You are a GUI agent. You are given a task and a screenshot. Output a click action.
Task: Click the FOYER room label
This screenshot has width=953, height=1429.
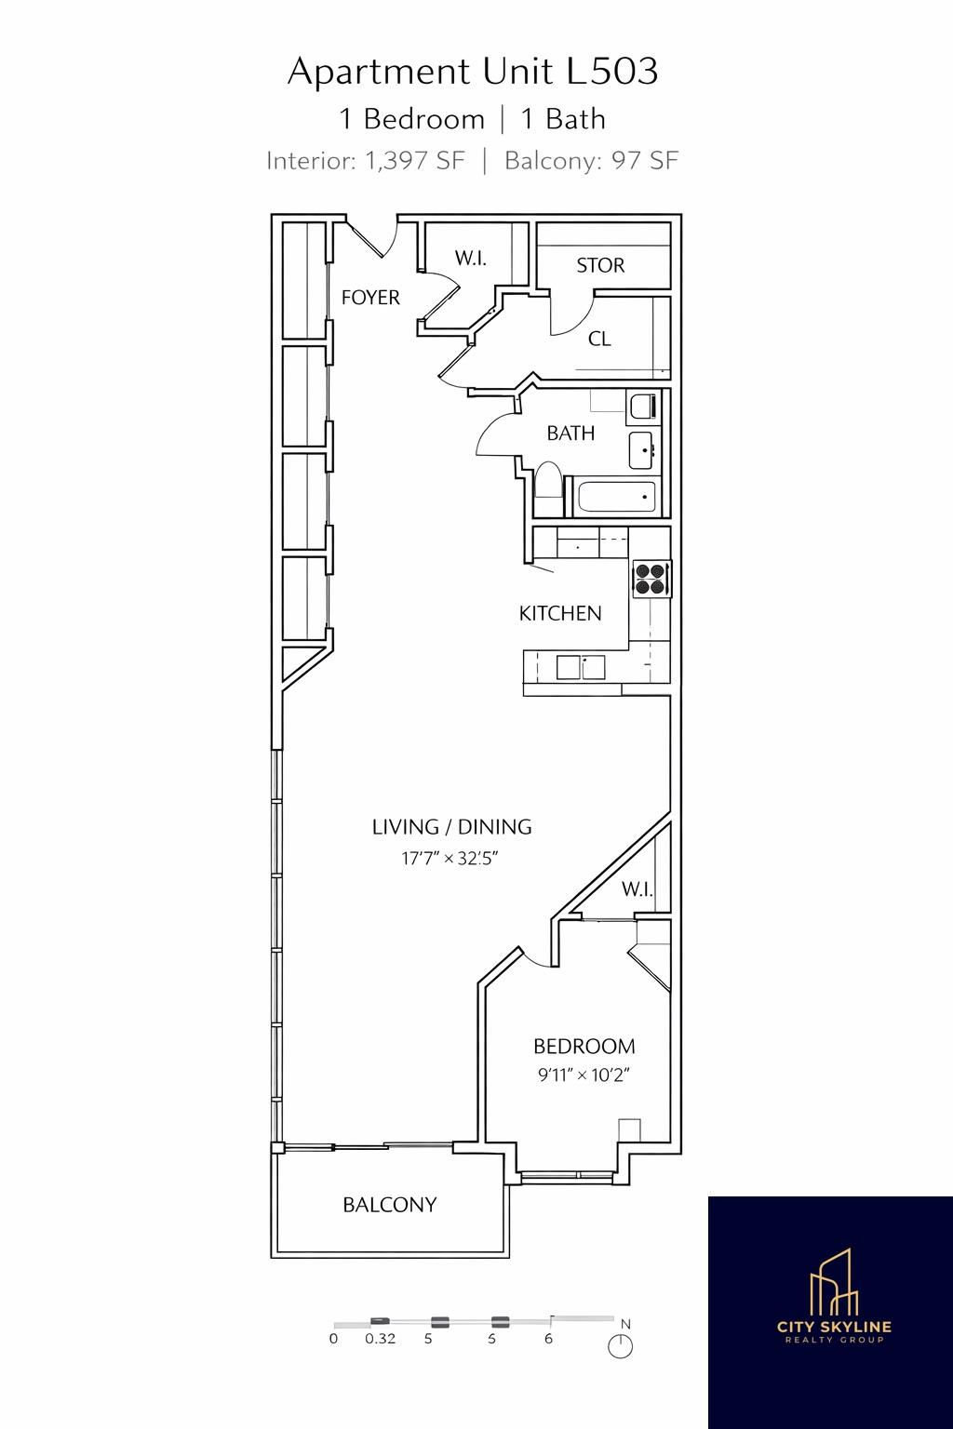[x=370, y=298]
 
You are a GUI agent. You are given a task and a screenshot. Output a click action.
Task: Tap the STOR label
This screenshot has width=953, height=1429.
[x=600, y=266]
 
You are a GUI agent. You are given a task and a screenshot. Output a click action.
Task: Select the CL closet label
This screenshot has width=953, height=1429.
[x=599, y=339]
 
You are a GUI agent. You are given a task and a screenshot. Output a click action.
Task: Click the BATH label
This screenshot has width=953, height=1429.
[x=570, y=433]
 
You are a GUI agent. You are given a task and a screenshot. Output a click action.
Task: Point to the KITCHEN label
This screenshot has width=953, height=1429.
[x=560, y=613]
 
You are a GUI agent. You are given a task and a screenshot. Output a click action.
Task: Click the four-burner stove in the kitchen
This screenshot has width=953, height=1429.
[x=651, y=579]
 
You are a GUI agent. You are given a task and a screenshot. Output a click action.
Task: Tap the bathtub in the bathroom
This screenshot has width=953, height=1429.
[x=616, y=498]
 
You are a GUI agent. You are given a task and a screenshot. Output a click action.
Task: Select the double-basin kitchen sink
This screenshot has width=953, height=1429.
[x=581, y=667]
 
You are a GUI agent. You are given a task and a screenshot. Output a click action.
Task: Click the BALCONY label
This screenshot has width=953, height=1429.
[x=389, y=1205]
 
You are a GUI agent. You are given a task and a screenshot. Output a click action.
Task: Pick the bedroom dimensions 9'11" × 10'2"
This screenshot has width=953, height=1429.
[x=584, y=1075]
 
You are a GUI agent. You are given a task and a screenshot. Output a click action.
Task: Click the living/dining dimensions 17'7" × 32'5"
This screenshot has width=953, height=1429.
[x=451, y=859]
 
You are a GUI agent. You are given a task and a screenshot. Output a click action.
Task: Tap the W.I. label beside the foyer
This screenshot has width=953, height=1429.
[x=471, y=259]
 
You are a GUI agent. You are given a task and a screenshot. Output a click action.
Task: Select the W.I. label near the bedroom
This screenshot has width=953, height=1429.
[x=637, y=889]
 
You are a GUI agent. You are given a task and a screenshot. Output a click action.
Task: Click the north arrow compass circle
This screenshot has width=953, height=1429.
[x=621, y=1345]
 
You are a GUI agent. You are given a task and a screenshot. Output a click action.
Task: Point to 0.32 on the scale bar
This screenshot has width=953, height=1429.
[x=380, y=1340]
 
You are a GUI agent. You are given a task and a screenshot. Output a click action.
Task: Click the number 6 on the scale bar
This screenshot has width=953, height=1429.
[x=549, y=1340]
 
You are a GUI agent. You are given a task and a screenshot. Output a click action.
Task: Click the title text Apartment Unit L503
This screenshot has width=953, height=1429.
[x=473, y=72]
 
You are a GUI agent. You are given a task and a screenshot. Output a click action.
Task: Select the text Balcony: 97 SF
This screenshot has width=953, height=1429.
[x=591, y=161]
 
